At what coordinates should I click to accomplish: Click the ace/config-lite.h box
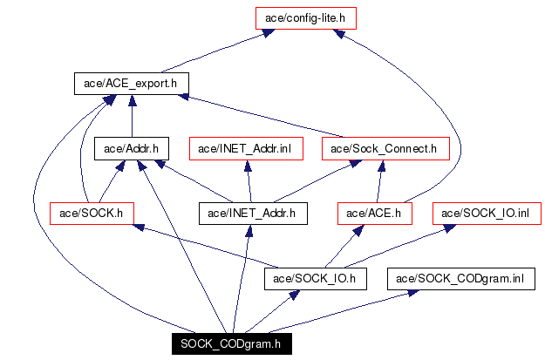(x=306, y=18)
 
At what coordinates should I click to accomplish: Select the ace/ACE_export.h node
(x=132, y=84)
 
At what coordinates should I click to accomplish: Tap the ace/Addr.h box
(x=132, y=149)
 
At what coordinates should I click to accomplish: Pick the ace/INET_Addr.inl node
(x=246, y=149)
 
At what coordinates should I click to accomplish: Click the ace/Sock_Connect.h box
(x=385, y=149)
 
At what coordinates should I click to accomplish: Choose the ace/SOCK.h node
(x=92, y=214)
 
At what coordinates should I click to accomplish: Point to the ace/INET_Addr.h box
(x=253, y=214)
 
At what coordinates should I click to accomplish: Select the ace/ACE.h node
(x=375, y=214)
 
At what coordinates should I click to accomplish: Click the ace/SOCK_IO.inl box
(x=487, y=214)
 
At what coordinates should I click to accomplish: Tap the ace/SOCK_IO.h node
(x=316, y=279)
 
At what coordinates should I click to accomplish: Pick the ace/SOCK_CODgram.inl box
(x=461, y=279)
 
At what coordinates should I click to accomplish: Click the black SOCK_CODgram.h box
(x=231, y=344)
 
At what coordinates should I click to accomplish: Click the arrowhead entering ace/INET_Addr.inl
(x=248, y=166)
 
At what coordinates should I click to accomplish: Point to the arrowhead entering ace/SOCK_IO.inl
(x=450, y=228)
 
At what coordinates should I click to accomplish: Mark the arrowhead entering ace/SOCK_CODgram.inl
(x=413, y=293)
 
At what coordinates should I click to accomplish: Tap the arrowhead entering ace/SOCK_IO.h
(x=294, y=295)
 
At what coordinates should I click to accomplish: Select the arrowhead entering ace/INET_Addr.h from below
(x=249, y=231)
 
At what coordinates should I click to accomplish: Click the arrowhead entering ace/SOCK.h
(x=139, y=228)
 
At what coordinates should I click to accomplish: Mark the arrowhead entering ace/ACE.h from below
(x=358, y=230)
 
